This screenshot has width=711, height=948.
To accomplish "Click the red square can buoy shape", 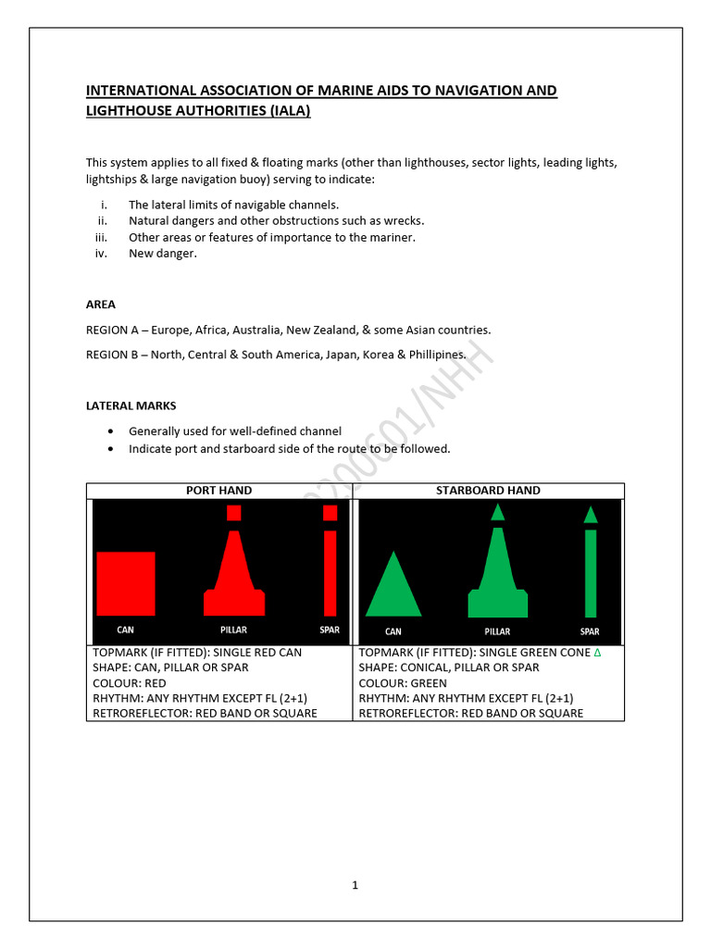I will coord(126,583).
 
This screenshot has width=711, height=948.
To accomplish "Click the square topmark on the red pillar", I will coord(234,513).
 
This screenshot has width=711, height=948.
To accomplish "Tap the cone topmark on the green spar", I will coord(591,514).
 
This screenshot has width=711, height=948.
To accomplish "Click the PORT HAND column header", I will coord(219,491).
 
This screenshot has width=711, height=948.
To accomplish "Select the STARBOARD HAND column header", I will coord(488,491).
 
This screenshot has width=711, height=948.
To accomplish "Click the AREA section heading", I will coord(101,305).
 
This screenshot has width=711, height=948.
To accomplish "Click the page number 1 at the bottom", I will coord(355,885).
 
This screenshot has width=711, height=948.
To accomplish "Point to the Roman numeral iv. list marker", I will coord(103,254).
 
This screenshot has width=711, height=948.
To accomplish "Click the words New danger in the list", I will coord(163,254).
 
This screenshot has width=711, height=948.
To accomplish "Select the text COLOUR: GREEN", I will coord(403,683).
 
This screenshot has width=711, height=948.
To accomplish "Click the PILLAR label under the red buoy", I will coord(234,630).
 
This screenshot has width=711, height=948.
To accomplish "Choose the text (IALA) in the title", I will coord(280,111).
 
